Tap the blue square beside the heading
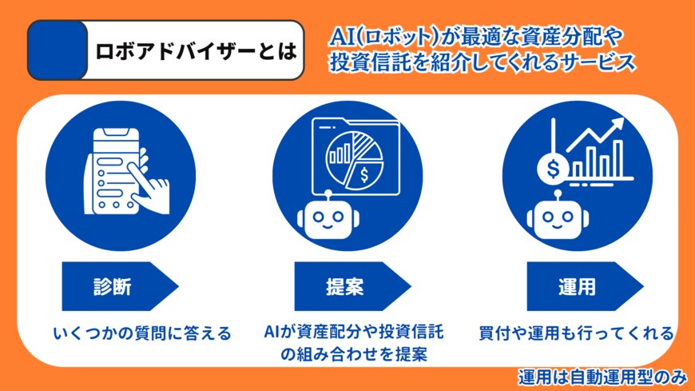coord(57,50)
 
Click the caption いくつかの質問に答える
coord(131,333)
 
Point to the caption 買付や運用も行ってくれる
coord(576,333)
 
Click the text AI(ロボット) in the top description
coord(369,37)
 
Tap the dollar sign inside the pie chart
coord(364,173)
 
